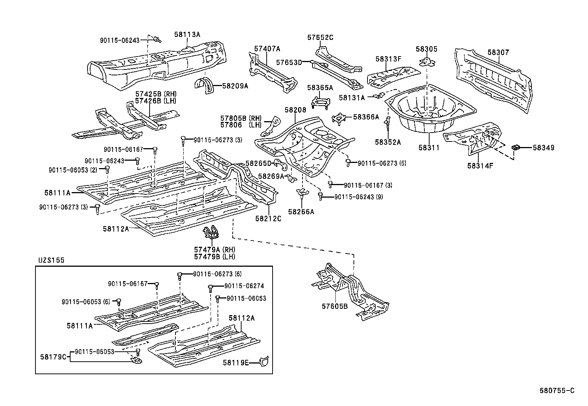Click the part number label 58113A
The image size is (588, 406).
tap(187, 34)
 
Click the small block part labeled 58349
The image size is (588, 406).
tap(516, 147)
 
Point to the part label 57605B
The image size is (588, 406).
tap(335, 306)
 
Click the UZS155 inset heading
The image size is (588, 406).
tap(51, 260)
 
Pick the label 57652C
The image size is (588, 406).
tap(320, 37)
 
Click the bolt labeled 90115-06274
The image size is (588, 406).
tap(211, 286)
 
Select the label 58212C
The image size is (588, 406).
tap(268, 219)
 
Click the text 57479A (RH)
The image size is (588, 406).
tap(215, 250)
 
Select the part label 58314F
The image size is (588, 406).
tap(480, 166)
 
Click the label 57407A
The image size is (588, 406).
tap(267, 48)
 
